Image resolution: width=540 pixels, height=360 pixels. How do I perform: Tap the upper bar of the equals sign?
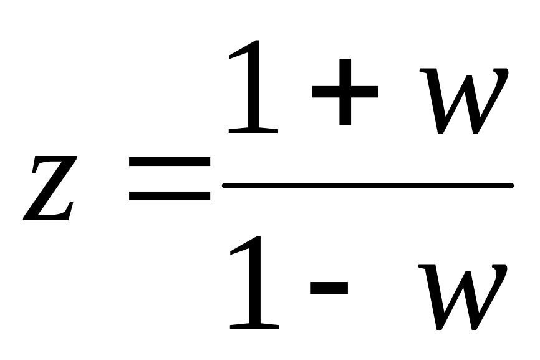pos(170,162)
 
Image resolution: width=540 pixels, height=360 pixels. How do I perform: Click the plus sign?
pos(345,92)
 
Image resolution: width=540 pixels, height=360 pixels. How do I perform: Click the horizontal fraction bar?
pos(368,185)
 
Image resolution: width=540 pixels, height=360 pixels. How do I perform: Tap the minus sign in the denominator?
pos(328,288)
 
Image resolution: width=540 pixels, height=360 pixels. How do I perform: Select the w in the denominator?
pos(461,297)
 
